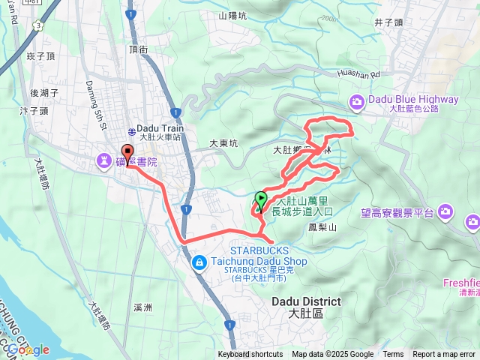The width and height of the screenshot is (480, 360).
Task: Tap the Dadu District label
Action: (x=306, y=301)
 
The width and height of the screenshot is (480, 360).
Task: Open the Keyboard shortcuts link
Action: (x=250, y=355)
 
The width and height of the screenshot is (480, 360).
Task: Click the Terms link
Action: (x=393, y=355)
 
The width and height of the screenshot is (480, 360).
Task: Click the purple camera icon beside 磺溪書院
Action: (x=103, y=160)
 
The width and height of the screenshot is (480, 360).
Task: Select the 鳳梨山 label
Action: (x=323, y=226)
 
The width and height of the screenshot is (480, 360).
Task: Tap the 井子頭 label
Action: (x=390, y=22)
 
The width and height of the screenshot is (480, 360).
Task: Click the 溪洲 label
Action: (x=142, y=307)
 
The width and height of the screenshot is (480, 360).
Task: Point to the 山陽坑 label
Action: (x=232, y=15)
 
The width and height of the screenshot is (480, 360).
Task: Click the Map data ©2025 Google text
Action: (x=332, y=355)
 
